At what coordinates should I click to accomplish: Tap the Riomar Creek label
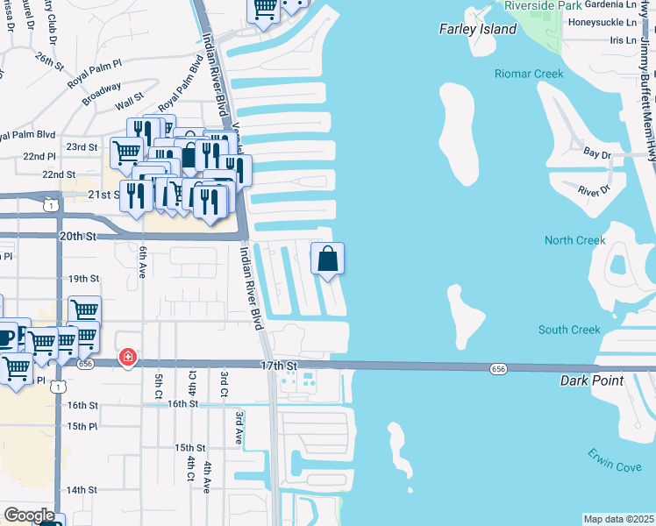pos(529,75)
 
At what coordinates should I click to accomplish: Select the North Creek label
pos(574,240)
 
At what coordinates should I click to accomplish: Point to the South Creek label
pos(569,330)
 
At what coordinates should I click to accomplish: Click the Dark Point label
pos(592,381)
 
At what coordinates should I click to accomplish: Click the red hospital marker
pos(128,358)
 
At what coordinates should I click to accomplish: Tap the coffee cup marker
pos(6,338)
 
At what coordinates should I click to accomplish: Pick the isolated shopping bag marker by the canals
pos(328,259)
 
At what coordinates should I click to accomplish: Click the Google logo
pos(29,515)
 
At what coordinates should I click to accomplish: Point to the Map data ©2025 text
pos(619,519)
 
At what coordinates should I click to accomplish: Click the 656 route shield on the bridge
pos(497,371)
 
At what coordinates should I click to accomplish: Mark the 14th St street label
pos(81,490)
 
